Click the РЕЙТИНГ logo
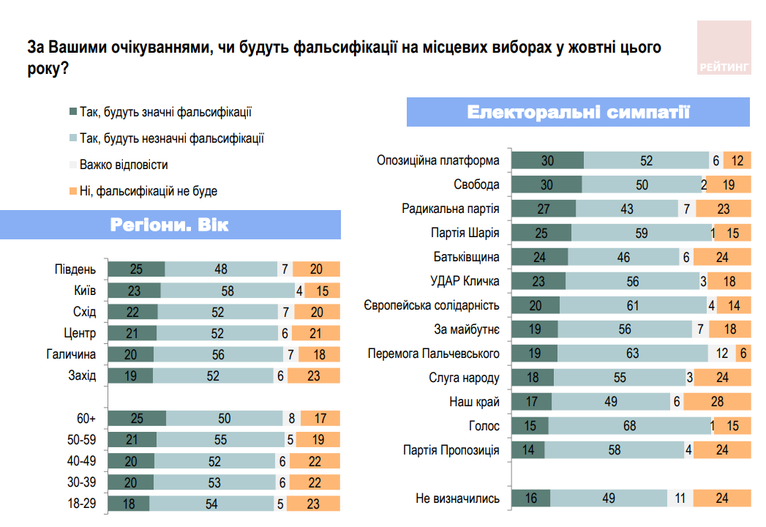(x=724, y=48)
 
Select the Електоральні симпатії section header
(x=578, y=113)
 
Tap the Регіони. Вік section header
(x=170, y=225)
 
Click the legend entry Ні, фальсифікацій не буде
(x=148, y=192)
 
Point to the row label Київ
(x=86, y=291)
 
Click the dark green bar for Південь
(x=136, y=269)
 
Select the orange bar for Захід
(x=314, y=376)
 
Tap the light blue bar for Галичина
(x=219, y=355)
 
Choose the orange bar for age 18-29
(x=313, y=504)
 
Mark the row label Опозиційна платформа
(x=438, y=161)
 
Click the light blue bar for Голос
(x=628, y=426)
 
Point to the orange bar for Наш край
(x=717, y=402)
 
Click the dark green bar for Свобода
(x=546, y=185)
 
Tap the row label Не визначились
(x=457, y=498)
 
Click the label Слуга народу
(x=464, y=378)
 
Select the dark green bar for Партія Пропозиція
(x=527, y=450)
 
